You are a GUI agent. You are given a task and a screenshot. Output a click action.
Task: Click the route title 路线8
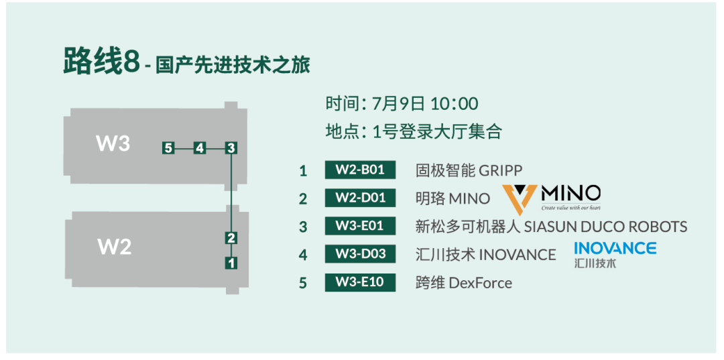101,62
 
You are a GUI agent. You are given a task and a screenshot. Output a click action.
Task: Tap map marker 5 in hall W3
168,148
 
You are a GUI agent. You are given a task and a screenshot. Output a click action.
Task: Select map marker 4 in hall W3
200,148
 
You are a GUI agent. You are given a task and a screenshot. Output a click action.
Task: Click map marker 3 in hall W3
231,148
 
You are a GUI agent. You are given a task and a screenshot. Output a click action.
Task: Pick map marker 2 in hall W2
231,238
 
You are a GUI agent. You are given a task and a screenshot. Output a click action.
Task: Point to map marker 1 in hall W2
231,263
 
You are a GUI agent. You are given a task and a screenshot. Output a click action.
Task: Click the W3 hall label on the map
113,143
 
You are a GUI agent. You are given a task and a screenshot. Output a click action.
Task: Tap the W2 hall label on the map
115,247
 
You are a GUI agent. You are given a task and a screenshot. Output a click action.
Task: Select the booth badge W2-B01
361,170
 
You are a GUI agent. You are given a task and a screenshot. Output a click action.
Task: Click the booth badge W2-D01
361,198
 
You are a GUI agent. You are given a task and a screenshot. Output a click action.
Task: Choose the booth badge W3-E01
361,226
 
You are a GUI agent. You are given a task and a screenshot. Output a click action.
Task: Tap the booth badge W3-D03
361,254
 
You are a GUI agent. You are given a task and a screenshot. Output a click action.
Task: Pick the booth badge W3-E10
361,282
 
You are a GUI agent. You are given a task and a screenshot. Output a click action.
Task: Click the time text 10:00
455,104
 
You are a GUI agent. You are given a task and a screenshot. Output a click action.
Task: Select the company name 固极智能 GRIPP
469,170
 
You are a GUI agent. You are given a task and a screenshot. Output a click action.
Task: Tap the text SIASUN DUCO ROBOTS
606,227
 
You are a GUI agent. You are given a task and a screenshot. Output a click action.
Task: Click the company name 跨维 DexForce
464,282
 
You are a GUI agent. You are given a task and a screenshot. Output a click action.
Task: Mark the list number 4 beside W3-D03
303,255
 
